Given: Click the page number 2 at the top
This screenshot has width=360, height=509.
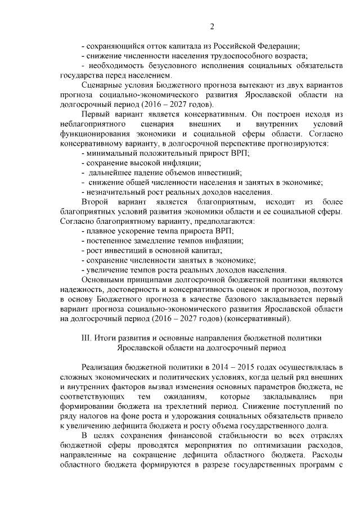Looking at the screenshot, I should tap(212, 26).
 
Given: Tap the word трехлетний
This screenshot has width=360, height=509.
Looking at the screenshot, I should tap(188, 406).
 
